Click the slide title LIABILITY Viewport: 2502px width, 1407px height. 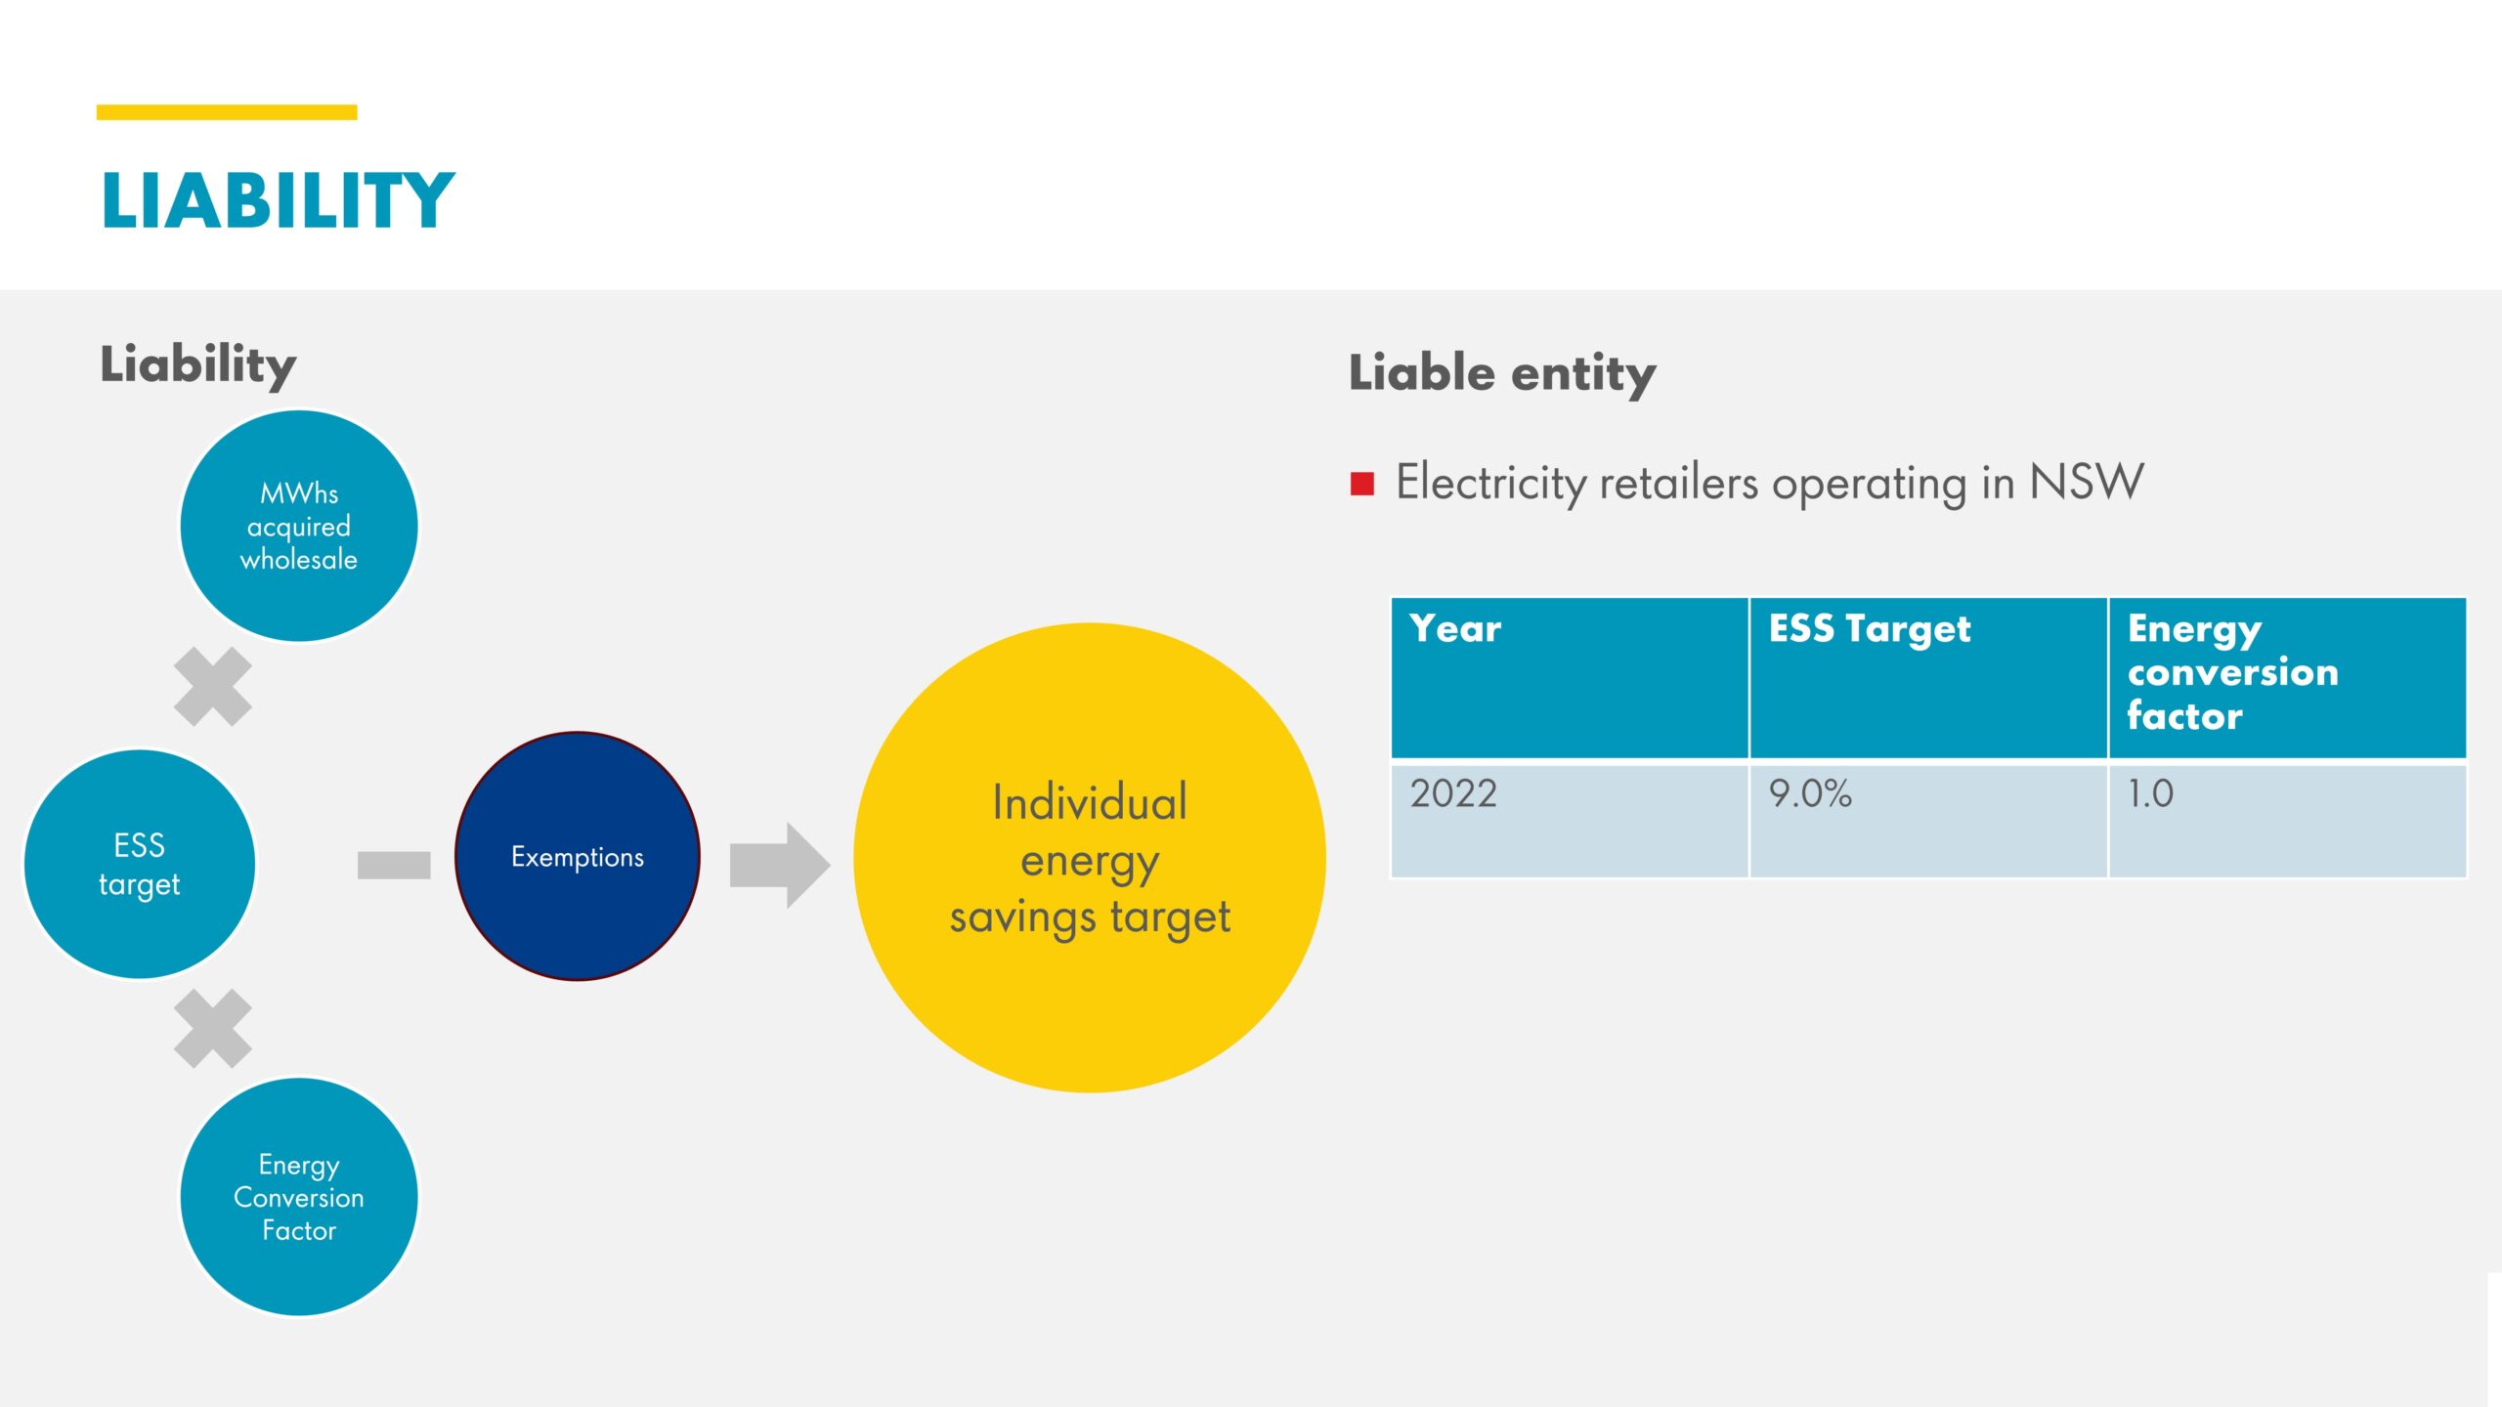278,201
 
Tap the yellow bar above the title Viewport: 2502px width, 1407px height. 227,112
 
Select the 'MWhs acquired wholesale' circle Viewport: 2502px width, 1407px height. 299,526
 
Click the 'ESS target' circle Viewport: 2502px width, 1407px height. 140,864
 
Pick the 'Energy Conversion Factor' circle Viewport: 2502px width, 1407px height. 299,1197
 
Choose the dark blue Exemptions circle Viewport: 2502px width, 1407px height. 578,856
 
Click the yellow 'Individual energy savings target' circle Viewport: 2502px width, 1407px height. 1090,858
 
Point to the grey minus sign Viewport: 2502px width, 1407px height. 394,865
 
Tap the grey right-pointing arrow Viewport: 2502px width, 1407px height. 780,865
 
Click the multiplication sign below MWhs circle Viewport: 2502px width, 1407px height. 213,687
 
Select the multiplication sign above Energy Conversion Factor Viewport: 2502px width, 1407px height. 213,1029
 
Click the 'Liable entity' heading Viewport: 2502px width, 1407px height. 1502,374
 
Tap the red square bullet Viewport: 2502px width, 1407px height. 1362,484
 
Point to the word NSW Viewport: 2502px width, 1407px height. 2087,482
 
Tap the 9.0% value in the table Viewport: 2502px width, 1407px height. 1810,793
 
